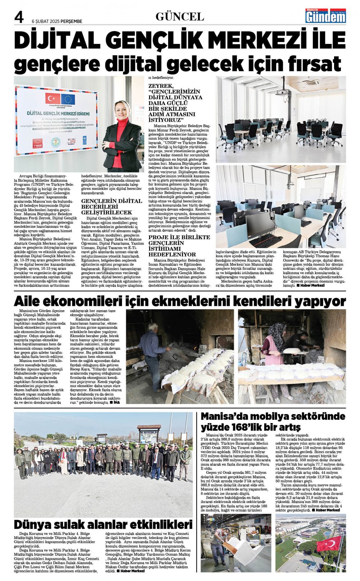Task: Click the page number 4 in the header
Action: (x=19, y=17)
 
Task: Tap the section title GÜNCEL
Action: (x=180, y=17)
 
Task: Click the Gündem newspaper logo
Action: (x=325, y=16)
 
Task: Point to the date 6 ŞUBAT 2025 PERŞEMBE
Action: (x=57, y=21)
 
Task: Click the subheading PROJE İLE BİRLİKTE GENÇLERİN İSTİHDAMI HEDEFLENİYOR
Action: (x=179, y=246)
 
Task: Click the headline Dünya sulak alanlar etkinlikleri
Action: (x=103, y=524)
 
